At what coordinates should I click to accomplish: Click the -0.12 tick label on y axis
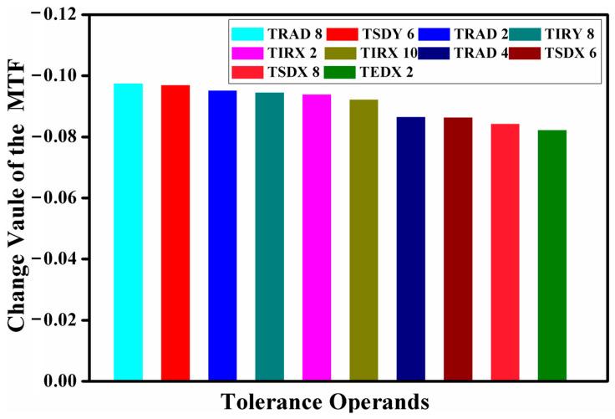click(75, 15)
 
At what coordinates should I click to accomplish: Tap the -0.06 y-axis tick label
click(75, 198)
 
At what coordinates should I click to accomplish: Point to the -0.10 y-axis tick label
click(75, 76)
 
